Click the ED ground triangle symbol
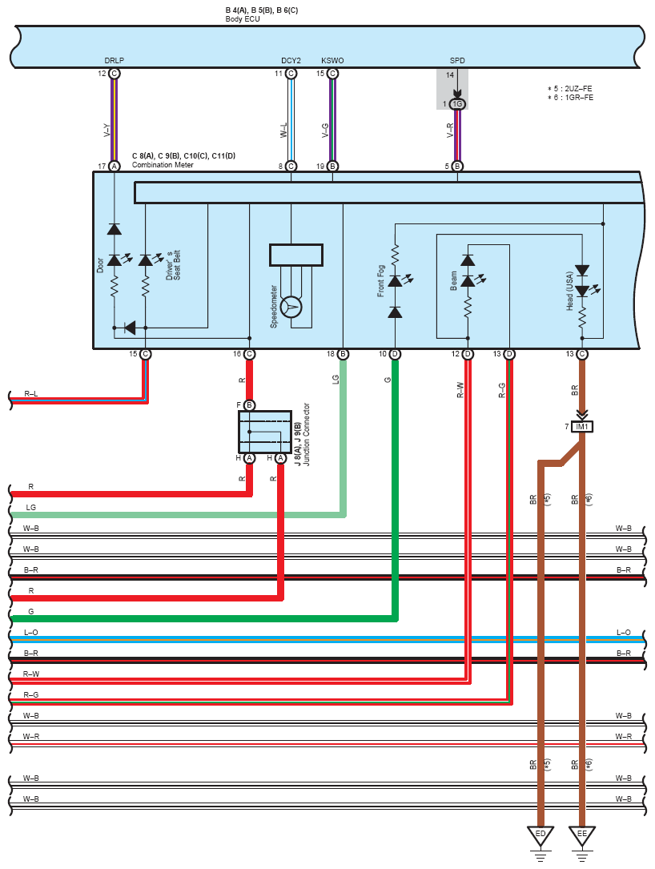point(540,835)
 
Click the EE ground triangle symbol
point(582,835)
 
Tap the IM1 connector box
point(582,427)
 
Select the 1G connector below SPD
point(457,104)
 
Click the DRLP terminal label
point(115,60)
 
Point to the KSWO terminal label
point(332,60)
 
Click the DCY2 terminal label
point(291,60)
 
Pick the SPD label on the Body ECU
point(457,60)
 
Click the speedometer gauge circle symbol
point(291,307)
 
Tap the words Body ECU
point(242,19)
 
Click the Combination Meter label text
point(163,165)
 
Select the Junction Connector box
point(265,432)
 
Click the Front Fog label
point(380,280)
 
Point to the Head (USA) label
point(569,291)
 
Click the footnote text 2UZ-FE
point(578,89)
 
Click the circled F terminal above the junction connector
point(249,405)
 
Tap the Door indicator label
point(100,265)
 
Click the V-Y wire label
point(107,131)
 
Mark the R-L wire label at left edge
point(31,393)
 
